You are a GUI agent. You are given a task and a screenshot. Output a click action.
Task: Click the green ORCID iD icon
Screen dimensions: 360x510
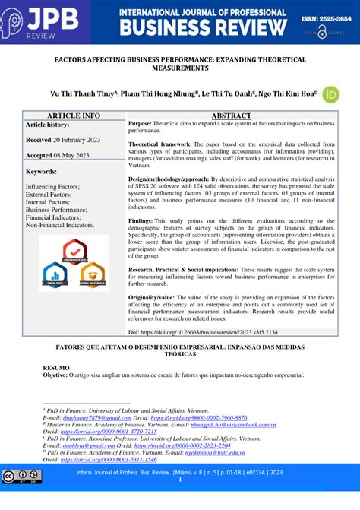tap(330, 94)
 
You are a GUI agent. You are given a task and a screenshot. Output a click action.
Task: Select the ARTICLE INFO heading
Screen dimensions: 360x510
tap(74, 116)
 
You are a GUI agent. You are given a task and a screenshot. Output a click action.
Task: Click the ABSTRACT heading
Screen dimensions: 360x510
tap(231, 116)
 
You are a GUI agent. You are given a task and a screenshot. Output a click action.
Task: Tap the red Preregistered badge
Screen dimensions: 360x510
tap(74, 250)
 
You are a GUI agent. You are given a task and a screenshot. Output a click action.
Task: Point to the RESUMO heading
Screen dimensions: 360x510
tap(56, 367)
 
